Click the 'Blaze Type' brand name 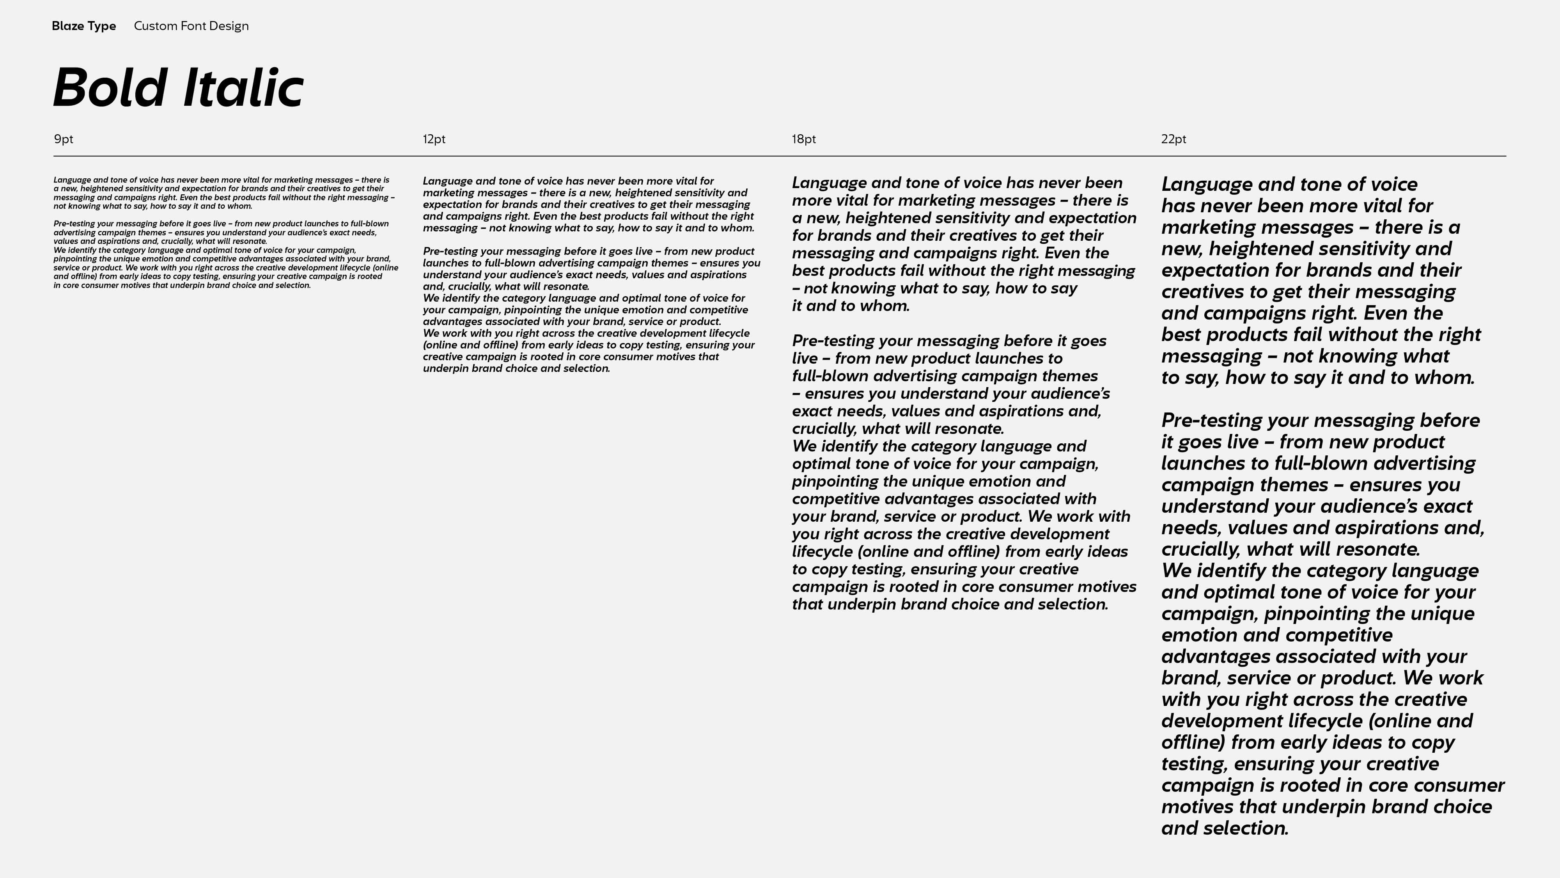[x=83, y=26]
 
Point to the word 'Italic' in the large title [x=242, y=88]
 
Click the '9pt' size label [x=64, y=139]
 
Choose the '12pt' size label [x=434, y=139]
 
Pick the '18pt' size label [x=804, y=139]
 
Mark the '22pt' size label [x=1173, y=139]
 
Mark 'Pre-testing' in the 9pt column [x=74, y=224]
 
